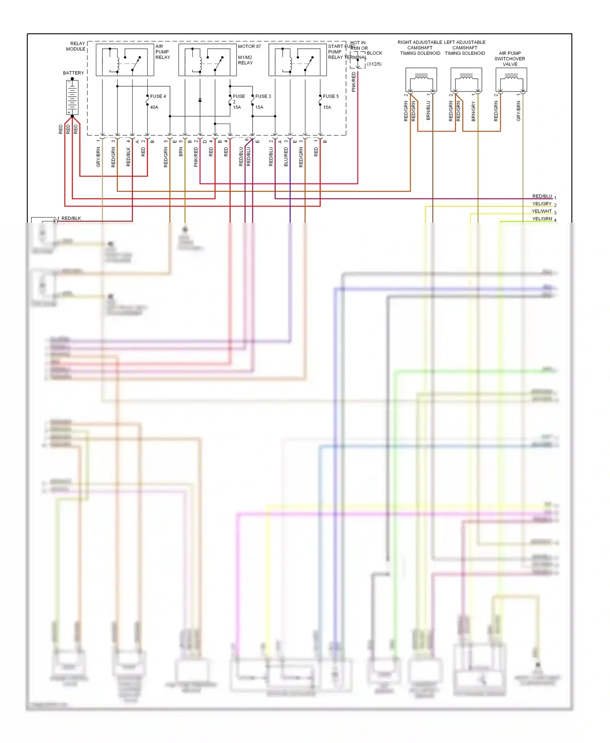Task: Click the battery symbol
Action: [x=72, y=97]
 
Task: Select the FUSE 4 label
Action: [x=158, y=96]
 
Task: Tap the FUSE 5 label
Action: [x=331, y=96]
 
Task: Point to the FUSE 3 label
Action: [x=263, y=96]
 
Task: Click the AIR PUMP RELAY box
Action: [x=125, y=60]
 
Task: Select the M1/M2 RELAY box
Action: [x=207, y=60]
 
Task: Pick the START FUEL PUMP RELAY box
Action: [x=298, y=60]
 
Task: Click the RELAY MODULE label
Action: [x=76, y=46]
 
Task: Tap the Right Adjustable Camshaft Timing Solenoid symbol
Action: [x=421, y=80]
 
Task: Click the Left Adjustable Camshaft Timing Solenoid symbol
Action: [x=466, y=80]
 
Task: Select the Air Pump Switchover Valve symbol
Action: [x=511, y=80]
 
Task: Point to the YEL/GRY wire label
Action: [x=542, y=204]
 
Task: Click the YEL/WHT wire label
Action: [x=542, y=211]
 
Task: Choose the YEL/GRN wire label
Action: [x=542, y=219]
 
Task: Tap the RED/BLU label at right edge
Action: [x=542, y=196]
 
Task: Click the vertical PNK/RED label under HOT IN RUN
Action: [x=354, y=82]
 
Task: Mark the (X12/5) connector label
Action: [x=374, y=64]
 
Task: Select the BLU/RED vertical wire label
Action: [x=286, y=157]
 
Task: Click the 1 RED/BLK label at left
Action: [x=70, y=219]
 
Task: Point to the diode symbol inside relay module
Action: [x=200, y=100]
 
